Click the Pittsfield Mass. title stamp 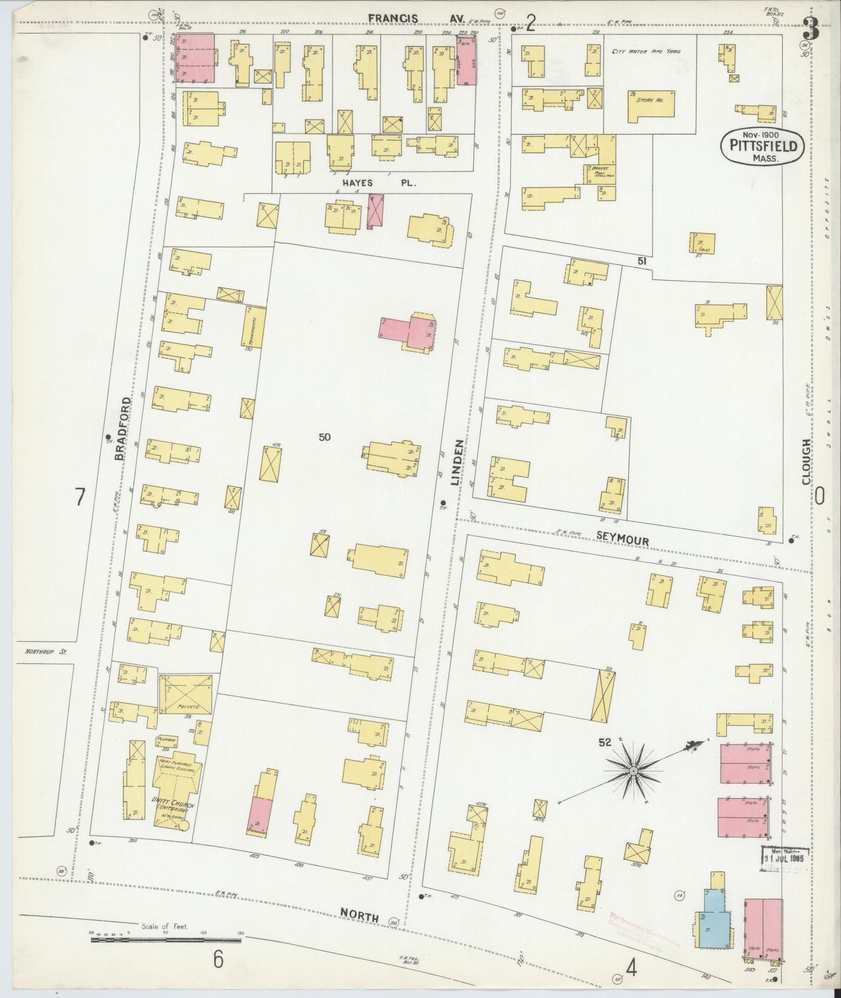[762, 147]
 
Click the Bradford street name [121, 429]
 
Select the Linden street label [458, 463]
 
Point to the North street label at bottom [360, 916]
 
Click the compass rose [633, 771]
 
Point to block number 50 [324, 437]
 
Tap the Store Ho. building [651, 105]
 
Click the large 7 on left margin [80, 497]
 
